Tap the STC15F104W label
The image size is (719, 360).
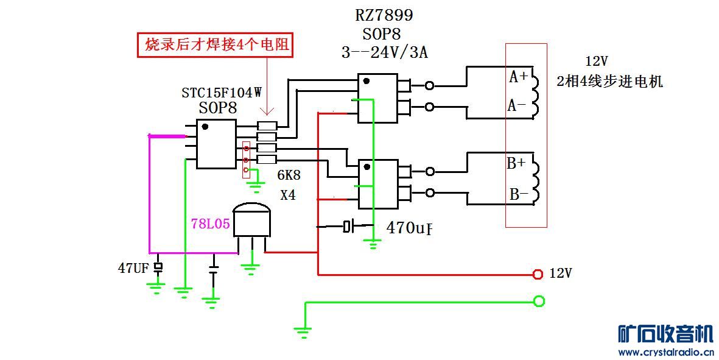point(222,93)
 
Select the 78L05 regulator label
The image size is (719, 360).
point(211,224)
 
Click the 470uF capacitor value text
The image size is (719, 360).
point(409,228)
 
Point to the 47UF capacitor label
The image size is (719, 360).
point(134,267)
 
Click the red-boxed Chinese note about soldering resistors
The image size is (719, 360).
point(216,45)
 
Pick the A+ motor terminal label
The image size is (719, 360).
point(519,77)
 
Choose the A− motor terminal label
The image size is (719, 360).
point(517,105)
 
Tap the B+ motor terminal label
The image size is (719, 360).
point(516,163)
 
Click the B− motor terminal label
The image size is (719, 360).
point(519,194)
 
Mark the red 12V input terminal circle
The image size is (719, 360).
point(538,274)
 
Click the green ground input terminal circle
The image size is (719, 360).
point(538,301)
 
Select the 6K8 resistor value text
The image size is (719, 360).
point(289,176)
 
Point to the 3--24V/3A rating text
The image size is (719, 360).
point(384,52)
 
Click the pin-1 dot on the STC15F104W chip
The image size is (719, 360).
point(205,127)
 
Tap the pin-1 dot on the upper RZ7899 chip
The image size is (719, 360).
point(366,81)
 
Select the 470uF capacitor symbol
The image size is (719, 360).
point(348,227)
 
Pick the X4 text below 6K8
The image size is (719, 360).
point(288,196)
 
